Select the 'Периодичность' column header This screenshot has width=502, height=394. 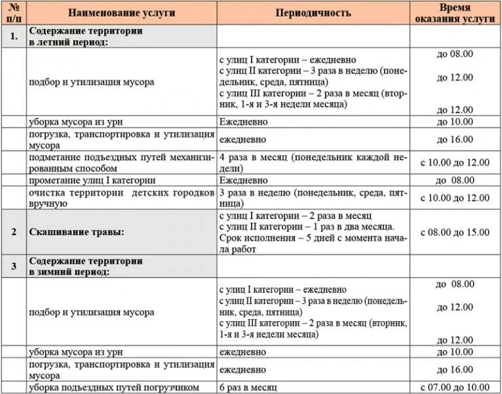coord(313,12)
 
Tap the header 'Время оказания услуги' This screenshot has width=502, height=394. coord(455,12)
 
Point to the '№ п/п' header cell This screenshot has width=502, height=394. coord(13,12)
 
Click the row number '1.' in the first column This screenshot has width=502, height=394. coord(13,36)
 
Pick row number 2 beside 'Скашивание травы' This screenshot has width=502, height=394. coord(13,232)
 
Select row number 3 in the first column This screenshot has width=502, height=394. coord(13,266)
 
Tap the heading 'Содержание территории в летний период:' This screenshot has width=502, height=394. coord(86,36)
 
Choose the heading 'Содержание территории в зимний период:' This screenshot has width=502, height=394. coord(86,266)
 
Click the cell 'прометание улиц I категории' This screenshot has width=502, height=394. coord(92,180)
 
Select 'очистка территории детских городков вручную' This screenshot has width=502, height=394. coord(121,198)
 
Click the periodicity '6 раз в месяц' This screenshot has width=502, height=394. coord(249,387)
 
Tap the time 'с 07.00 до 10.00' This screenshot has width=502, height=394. coord(455,387)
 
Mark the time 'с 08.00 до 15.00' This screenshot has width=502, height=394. coord(455,232)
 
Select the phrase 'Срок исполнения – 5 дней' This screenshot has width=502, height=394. coord(275,238)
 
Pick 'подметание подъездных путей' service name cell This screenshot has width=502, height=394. coord(121,162)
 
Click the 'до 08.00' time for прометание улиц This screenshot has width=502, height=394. coord(455,180)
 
